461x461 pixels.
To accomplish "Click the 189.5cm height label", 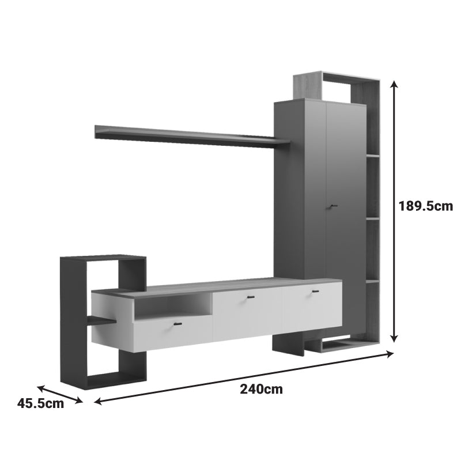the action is coord(425,206).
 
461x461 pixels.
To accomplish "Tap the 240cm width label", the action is coord(262,389).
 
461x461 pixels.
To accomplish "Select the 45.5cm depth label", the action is coord(40,403).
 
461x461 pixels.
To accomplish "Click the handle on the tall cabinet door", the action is coord(333,206).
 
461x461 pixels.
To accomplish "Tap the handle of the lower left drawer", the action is coord(177,324).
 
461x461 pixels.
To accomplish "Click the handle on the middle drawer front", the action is coord(251,297).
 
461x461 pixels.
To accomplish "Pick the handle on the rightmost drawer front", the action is coord(315,292).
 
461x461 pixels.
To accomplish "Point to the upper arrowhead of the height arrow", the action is coord(394,84).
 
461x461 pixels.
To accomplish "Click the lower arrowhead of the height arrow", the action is coord(394,338).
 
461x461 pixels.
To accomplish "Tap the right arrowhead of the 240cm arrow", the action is coord(390,354).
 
